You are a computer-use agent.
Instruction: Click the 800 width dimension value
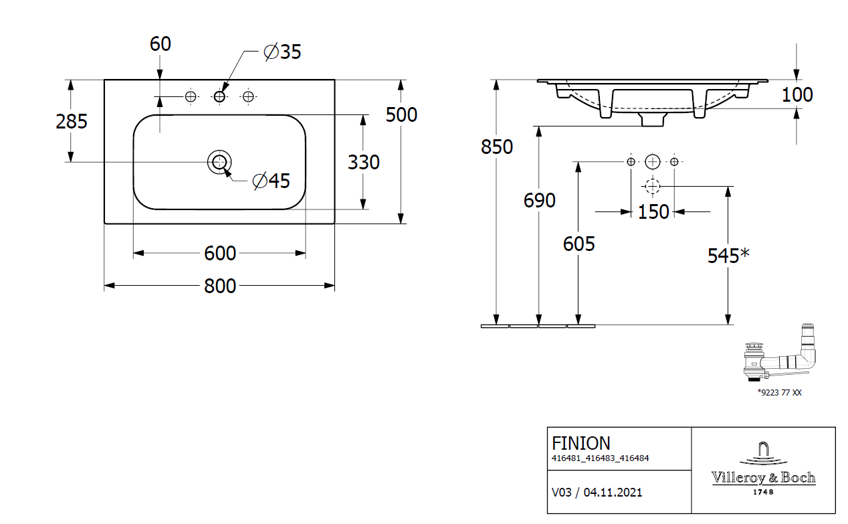(x=220, y=286)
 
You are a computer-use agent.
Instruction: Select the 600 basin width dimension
(x=220, y=253)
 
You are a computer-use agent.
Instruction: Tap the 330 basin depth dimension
(x=364, y=162)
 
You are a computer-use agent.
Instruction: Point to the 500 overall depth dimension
(x=401, y=114)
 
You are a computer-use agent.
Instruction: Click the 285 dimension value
(x=72, y=121)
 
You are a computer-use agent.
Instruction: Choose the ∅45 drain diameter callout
(x=271, y=180)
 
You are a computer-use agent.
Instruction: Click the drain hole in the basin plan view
(x=219, y=161)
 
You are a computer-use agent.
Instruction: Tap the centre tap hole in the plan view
(x=219, y=97)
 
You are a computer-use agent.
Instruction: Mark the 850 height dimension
(x=497, y=147)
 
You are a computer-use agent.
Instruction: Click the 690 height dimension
(x=540, y=200)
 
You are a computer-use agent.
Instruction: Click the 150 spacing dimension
(x=653, y=211)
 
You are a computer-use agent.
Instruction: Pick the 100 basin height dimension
(x=797, y=94)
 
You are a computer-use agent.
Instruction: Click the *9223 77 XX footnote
(x=779, y=393)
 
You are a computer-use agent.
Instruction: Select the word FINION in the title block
(x=580, y=443)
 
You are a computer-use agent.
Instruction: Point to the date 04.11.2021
(x=613, y=493)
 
